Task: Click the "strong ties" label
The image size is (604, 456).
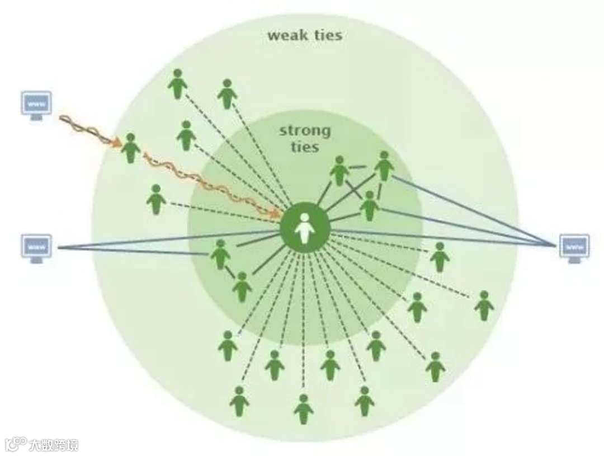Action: pos(305,139)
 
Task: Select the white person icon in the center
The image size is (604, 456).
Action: pos(304,228)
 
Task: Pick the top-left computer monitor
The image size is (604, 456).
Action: pos(36,105)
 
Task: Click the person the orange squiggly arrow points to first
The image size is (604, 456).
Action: pos(130,148)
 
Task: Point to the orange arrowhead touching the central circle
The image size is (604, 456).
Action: pos(276,212)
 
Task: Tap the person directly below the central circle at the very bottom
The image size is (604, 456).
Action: pos(304,409)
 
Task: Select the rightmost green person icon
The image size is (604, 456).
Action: pos(484,305)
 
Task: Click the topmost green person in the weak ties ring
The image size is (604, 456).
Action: pos(177,84)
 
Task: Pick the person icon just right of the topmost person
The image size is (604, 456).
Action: pos(226,94)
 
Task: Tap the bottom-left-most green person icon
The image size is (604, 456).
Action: pos(239,401)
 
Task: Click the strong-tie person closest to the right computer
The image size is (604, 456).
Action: pos(384,166)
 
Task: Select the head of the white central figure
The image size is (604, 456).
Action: pos(304,218)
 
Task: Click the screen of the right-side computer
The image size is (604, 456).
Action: pos(574,245)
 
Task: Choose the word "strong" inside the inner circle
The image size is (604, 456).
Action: pos(305,132)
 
